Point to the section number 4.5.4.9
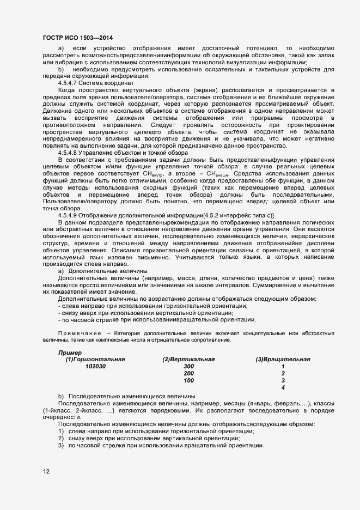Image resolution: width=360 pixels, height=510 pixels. point(70,216)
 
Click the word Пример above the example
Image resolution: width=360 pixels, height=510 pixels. point(70,353)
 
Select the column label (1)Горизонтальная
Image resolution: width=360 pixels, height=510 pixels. point(95,360)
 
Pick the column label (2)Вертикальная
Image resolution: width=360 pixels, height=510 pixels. point(188,360)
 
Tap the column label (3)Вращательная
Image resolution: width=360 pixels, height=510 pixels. point(283,360)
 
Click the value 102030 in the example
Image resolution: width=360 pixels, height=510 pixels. point(95,367)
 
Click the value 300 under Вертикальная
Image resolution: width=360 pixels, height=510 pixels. point(188,367)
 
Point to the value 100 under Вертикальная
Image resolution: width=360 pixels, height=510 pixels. point(188,380)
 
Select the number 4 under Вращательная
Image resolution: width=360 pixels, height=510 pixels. point(283,387)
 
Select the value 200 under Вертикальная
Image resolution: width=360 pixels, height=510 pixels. point(188,374)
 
